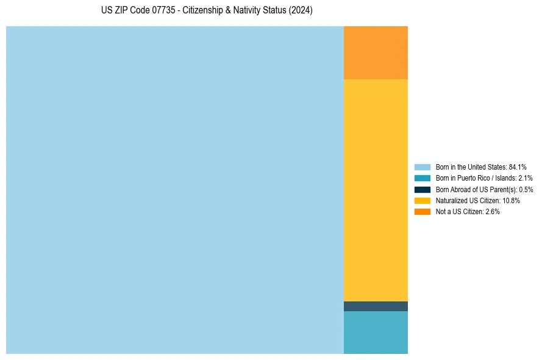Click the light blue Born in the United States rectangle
pyautogui.click(x=175, y=190)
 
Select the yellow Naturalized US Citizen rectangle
pyautogui.click(x=376, y=190)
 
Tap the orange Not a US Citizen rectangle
pyautogui.click(x=376, y=52)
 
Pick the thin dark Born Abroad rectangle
pyautogui.click(x=376, y=306)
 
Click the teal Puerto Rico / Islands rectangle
pyautogui.click(x=376, y=333)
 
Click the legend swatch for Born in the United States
pyautogui.click(x=422, y=167)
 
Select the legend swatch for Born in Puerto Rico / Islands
pyautogui.click(x=422, y=178)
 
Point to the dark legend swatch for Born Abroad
pyautogui.click(x=422, y=189)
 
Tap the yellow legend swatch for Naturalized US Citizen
pyautogui.click(x=422, y=200)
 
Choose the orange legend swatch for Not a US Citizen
pyautogui.click(x=422, y=212)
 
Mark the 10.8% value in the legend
pyautogui.click(x=511, y=201)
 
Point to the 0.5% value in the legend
pyautogui.click(x=526, y=190)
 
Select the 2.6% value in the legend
pyautogui.click(x=493, y=212)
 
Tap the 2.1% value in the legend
pyautogui.click(x=525, y=178)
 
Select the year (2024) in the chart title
pyautogui.click(x=301, y=11)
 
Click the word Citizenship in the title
pyautogui.click(x=204, y=11)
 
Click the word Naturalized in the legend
pyautogui.click(x=451, y=201)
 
